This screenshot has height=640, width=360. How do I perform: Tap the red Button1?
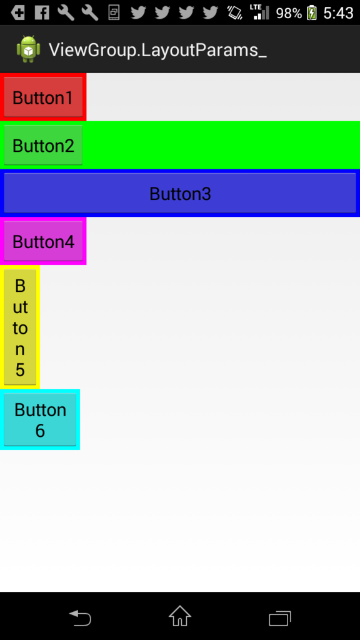click(x=43, y=97)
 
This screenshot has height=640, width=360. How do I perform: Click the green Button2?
click(x=43, y=145)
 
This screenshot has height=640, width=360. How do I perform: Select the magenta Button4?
click(x=43, y=241)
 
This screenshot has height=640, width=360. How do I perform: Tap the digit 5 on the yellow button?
click(x=20, y=370)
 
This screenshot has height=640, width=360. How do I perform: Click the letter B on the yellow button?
click(x=20, y=286)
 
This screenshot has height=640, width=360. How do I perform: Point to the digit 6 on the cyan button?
click(x=40, y=431)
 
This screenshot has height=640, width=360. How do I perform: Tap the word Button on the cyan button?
click(x=40, y=410)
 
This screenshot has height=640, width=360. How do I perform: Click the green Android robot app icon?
click(x=29, y=49)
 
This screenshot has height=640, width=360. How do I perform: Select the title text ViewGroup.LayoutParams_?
click(x=158, y=50)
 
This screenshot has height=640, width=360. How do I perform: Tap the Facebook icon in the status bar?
click(x=42, y=13)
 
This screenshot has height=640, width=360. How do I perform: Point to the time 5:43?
click(x=338, y=13)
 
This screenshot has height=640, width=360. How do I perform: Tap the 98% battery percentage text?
click(x=289, y=13)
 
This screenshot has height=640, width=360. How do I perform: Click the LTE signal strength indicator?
click(x=261, y=12)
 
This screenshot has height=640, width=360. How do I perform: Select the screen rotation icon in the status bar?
click(x=235, y=13)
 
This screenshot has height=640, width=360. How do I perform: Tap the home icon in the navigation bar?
click(x=180, y=616)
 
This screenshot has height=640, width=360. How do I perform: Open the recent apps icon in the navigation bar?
click(x=280, y=618)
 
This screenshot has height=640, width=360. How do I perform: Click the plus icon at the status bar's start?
click(x=18, y=13)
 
